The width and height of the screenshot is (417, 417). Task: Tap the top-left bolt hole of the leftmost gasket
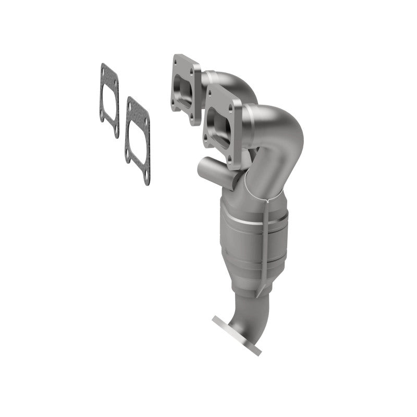click(104, 68)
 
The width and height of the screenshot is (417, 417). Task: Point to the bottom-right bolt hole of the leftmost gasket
click(116, 133)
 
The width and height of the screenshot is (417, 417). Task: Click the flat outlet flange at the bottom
click(237, 334)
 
